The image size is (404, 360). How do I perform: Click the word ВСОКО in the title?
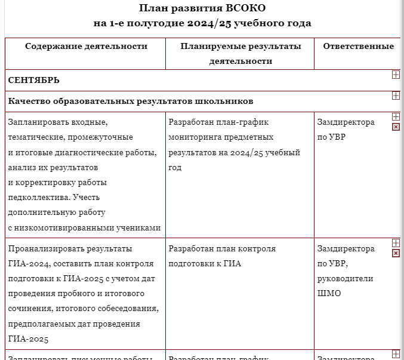pyautogui.click(x=242, y=8)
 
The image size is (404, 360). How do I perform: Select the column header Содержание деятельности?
pyautogui.click(x=86, y=46)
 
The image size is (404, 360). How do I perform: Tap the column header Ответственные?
pyautogui.click(x=358, y=46)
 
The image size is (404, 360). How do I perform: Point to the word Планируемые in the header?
pyautogui.click(x=207, y=46)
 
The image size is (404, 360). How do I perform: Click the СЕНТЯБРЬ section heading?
pyautogui.click(x=33, y=80)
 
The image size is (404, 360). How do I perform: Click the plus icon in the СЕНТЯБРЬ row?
pyautogui.click(x=396, y=75)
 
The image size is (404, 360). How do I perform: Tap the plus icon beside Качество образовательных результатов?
pyautogui.click(x=396, y=96)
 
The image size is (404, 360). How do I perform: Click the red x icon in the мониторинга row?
pyautogui.click(x=396, y=127)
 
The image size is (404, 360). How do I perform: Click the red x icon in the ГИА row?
pyautogui.click(x=396, y=253)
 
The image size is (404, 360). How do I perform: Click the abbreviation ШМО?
pyautogui.click(x=329, y=293)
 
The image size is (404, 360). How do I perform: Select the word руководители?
pyautogui.click(x=345, y=278)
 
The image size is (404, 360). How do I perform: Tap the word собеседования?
pyautogui.click(x=127, y=309)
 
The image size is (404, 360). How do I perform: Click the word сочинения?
pyautogui.click(x=31, y=309)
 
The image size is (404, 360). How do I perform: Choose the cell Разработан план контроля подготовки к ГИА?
pyautogui.click(x=222, y=256)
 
